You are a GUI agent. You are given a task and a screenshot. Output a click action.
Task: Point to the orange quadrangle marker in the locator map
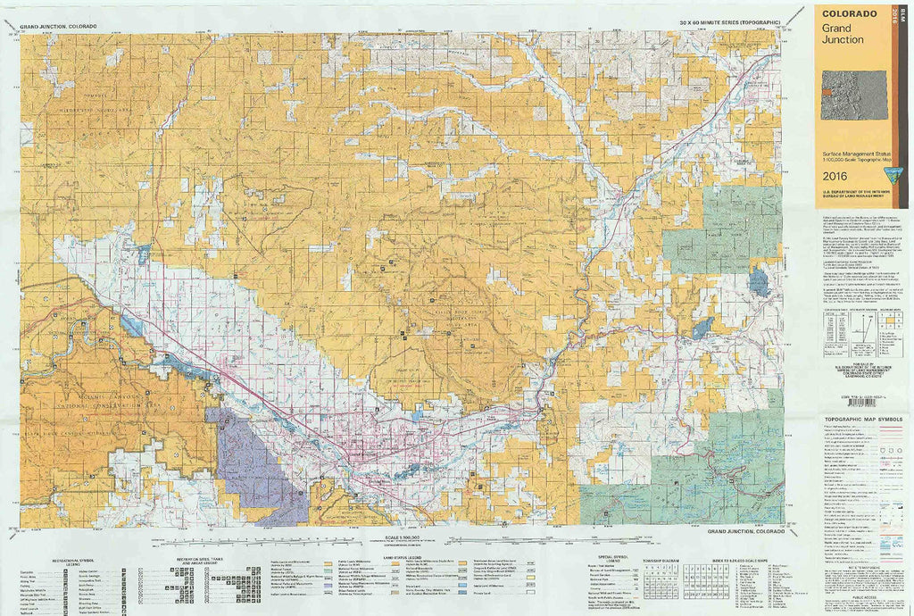pyautogui.click(x=828, y=90)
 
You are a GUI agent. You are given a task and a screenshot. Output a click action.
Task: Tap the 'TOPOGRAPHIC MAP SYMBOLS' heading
pyautogui.click(x=862, y=419)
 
